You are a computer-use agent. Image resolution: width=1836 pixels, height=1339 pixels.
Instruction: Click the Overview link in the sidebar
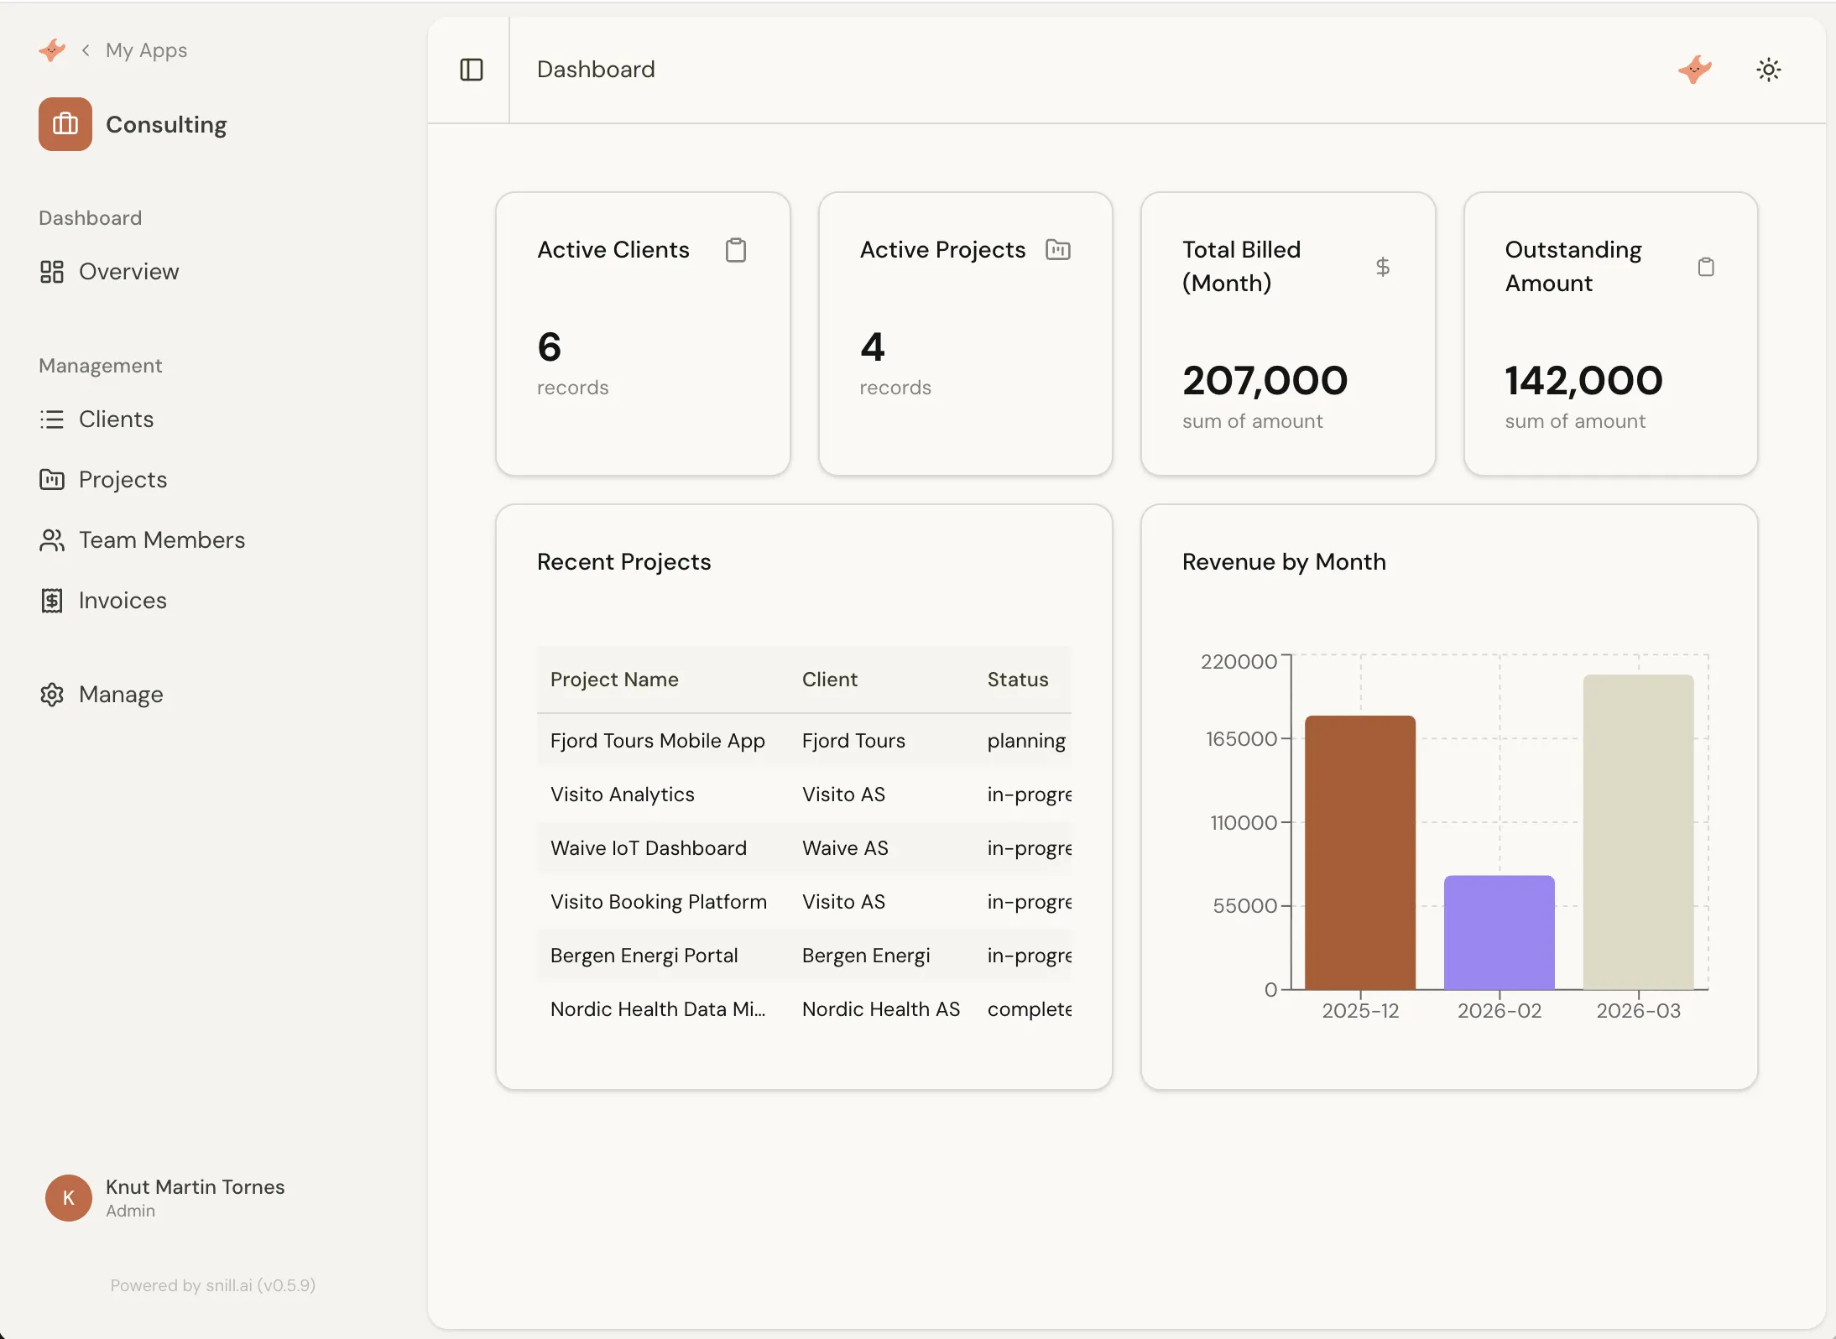point(128,272)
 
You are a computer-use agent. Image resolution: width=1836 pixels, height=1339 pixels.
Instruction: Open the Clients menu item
point(115,419)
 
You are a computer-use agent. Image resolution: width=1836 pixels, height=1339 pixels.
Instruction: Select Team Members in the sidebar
point(161,540)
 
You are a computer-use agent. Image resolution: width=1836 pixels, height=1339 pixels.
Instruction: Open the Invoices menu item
point(122,601)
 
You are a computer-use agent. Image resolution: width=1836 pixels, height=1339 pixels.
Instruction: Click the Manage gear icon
point(52,695)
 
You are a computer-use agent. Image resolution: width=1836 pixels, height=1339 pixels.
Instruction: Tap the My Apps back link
point(145,50)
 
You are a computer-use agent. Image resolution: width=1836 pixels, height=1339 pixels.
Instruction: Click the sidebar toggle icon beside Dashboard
point(472,70)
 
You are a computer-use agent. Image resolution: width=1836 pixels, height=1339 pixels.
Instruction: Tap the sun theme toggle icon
point(1768,70)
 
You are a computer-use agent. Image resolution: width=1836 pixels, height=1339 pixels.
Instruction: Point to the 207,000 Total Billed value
point(1265,381)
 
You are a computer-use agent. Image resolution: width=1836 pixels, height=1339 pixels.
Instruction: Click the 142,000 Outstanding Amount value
point(1583,381)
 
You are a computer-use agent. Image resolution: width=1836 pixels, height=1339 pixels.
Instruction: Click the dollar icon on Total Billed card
point(1382,267)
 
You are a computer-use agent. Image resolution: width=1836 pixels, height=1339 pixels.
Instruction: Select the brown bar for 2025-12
point(1359,852)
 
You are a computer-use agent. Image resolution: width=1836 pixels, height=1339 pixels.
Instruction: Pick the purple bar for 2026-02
point(1499,931)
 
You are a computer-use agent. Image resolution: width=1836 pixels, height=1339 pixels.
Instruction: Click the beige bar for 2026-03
point(1637,831)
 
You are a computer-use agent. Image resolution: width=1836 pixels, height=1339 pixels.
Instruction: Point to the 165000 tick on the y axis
point(1240,739)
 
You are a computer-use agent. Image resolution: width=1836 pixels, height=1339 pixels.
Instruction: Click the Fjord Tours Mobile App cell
point(657,741)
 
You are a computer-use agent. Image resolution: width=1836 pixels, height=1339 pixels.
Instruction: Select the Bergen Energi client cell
point(865,956)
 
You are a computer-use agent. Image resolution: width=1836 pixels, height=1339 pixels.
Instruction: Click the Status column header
point(1017,680)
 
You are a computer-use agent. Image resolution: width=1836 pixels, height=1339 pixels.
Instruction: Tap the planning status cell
point(1025,741)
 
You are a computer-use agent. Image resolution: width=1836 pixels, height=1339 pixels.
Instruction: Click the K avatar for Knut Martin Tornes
point(69,1198)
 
